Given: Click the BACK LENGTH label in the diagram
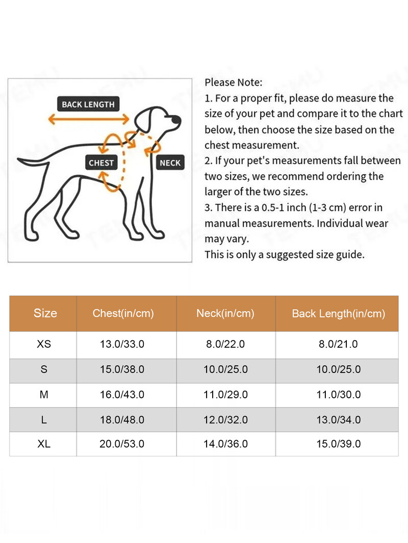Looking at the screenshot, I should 88,104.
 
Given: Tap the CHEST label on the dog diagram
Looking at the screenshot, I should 101,163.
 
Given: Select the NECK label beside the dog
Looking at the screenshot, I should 170,163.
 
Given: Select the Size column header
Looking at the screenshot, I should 45,313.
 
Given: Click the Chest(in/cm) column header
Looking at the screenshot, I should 123,313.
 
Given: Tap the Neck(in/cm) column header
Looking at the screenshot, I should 225,313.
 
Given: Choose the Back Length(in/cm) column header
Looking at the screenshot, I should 338,314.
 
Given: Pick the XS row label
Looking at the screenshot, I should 44,344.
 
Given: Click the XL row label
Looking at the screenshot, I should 44,444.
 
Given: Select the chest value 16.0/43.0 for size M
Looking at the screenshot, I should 122,395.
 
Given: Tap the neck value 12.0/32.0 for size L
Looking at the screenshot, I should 225,420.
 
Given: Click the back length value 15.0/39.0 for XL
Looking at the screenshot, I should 338,444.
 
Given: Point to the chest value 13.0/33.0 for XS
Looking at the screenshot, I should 122,344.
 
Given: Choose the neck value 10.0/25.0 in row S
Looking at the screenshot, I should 225,370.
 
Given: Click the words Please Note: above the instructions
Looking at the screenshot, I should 234,83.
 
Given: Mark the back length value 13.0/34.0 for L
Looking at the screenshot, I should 338,420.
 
